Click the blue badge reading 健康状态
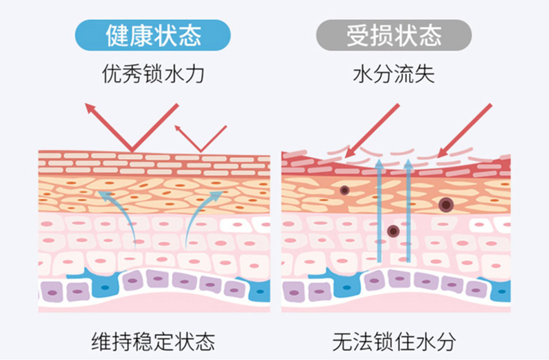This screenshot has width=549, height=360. (x=152, y=34)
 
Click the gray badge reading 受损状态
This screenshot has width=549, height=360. (x=394, y=34)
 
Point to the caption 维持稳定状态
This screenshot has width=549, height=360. (x=152, y=341)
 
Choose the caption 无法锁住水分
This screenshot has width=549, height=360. (x=394, y=341)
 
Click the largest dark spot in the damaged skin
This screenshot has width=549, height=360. (x=447, y=204)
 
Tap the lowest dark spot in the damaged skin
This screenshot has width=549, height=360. (x=393, y=232)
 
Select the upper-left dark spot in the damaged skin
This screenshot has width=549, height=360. (x=344, y=190)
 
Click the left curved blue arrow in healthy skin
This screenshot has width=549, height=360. (x=118, y=213)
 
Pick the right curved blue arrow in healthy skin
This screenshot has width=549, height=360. (x=201, y=213)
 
